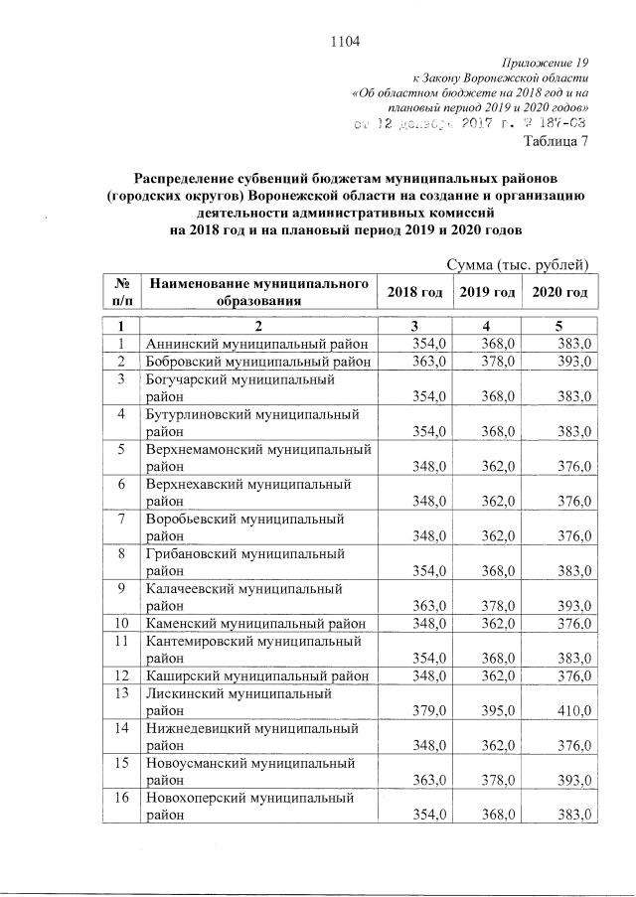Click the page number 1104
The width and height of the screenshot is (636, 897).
tap(343, 41)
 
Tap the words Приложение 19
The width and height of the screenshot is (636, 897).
tap(548, 62)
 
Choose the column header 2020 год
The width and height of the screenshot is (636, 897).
tap(559, 292)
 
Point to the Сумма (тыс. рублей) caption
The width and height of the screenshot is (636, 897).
tap(519, 264)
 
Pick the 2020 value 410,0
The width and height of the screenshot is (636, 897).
tap(572, 710)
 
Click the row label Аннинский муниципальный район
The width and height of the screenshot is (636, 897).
tap(257, 343)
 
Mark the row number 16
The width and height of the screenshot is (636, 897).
tap(120, 798)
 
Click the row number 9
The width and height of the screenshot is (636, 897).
tap(120, 586)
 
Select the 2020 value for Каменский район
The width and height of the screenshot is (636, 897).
tap(572, 623)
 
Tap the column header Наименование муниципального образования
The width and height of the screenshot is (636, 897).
tap(259, 292)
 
